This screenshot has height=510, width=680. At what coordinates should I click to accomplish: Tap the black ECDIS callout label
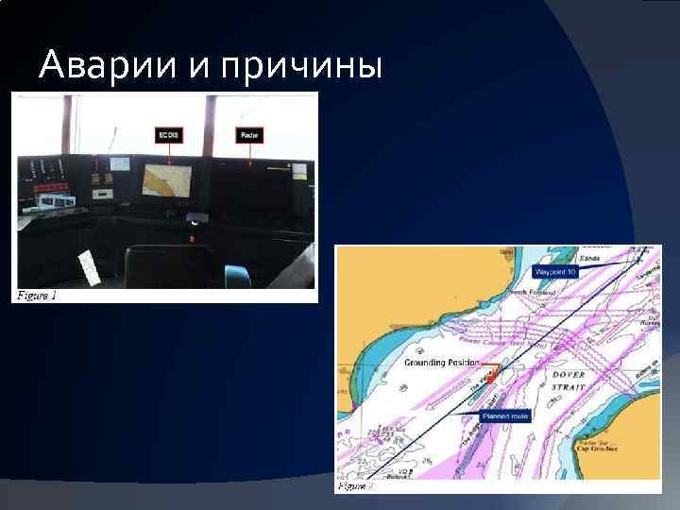tap(167, 136)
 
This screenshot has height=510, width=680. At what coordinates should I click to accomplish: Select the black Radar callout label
tap(249, 136)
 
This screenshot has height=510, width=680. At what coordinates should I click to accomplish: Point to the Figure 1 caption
tap(37, 295)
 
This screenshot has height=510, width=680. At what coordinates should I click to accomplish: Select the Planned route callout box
tap(505, 416)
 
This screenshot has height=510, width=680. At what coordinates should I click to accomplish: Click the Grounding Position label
tap(441, 362)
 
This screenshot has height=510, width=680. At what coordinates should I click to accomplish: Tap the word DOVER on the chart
tap(569, 374)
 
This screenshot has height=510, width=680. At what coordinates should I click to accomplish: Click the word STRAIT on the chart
tap(571, 385)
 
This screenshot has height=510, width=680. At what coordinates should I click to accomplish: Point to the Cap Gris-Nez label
tap(596, 450)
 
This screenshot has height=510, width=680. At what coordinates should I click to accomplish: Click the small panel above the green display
tap(119, 163)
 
